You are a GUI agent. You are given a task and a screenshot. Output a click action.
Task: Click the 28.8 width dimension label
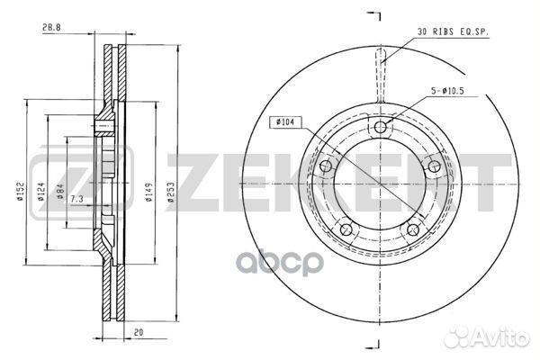(x=51, y=28)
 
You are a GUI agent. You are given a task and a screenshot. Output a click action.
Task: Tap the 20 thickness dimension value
(x=139, y=332)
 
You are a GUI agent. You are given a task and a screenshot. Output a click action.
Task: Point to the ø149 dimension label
(x=149, y=193)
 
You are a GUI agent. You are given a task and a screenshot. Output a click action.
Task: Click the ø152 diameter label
(x=20, y=193)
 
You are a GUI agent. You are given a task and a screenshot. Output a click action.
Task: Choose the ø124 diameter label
(x=41, y=193)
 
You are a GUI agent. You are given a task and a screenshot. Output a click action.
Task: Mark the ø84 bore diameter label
(x=60, y=192)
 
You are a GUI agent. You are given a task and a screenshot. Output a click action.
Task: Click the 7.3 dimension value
(x=76, y=199)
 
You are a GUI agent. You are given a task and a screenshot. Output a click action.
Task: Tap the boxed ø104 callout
(x=284, y=122)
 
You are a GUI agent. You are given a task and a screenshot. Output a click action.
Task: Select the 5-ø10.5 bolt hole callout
(x=447, y=91)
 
